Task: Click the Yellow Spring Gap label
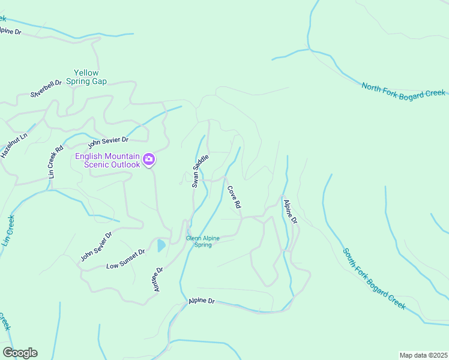86,77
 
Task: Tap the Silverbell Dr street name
47,88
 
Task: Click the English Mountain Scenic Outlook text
107,160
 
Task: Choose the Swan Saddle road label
200,171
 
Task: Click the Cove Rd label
234,197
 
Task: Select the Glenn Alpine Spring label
203,241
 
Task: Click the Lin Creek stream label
8,231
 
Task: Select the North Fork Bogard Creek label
403,90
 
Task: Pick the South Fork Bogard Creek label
374,279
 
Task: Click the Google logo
20,353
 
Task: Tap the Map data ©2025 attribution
423,355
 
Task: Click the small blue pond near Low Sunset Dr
161,245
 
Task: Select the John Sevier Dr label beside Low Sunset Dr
96,247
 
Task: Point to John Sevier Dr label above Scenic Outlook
108,142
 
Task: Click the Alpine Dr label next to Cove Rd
291,212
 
